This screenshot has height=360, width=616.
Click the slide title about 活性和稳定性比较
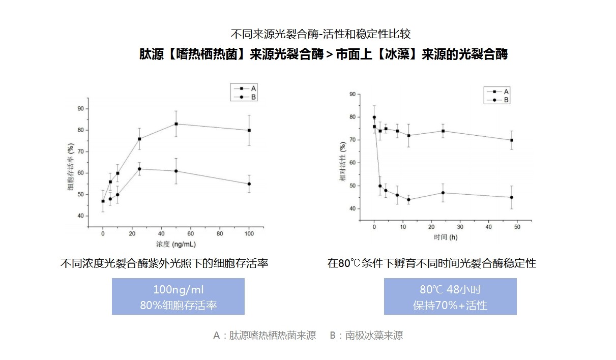tap(320, 35)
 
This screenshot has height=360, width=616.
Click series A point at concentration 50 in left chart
tap(176, 124)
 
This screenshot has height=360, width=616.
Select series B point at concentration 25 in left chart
tap(139, 169)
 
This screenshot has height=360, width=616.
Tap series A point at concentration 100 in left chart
tap(249, 130)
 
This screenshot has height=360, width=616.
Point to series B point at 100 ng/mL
tap(249, 184)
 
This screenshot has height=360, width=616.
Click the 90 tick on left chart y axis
tap(80, 108)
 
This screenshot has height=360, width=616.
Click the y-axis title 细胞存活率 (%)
tap(70, 165)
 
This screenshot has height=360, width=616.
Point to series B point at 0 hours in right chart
tap(374, 117)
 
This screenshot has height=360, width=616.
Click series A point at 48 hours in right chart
tap(511, 140)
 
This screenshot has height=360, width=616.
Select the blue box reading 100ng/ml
tap(178, 296)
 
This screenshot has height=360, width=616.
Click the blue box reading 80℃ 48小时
tap(450, 296)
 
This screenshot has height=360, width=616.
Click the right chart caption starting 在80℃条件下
tap(432, 263)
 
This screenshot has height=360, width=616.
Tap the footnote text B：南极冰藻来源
tap(366, 336)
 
